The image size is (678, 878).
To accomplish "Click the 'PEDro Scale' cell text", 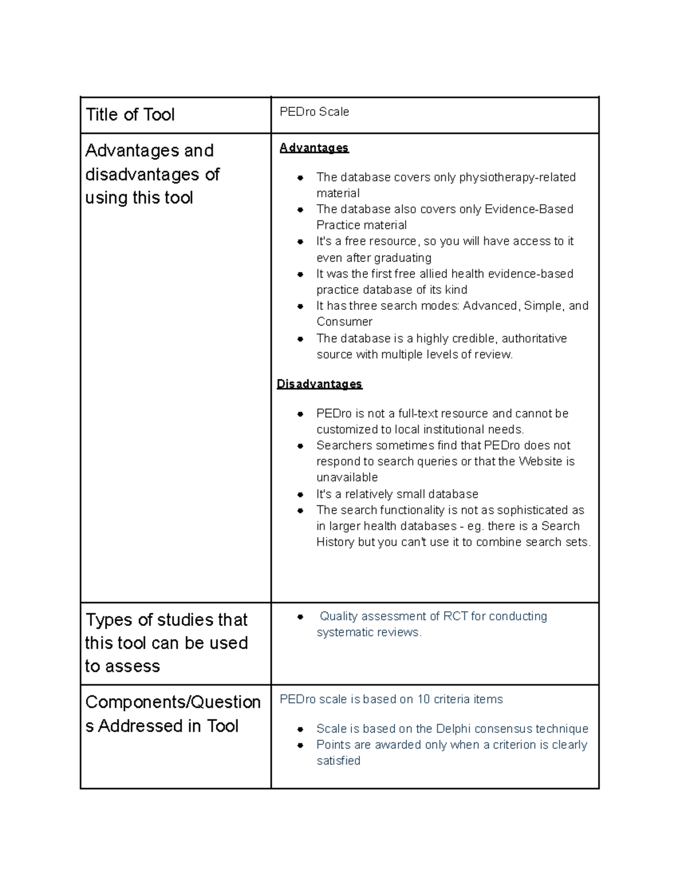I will pyautogui.click(x=314, y=112).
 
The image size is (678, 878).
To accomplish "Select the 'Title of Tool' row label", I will pyautogui.click(x=130, y=115).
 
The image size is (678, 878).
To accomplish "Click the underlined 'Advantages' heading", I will pyautogui.click(x=314, y=148).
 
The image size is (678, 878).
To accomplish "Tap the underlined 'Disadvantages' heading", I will pyautogui.click(x=319, y=384).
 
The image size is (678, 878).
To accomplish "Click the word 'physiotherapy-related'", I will pyautogui.click(x=517, y=178).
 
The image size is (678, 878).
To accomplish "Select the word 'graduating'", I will pyautogui.click(x=403, y=258).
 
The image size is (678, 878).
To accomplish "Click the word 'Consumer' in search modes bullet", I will pyautogui.click(x=344, y=322).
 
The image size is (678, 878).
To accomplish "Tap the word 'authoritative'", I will pyautogui.click(x=534, y=339).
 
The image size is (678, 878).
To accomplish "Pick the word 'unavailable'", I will pyautogui.click(x=347, y=477).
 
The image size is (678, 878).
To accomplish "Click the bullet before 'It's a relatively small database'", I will pyautogui.click(x=301, y=495).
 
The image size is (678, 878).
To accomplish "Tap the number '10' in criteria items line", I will pyautogui.click(x=424, y=699).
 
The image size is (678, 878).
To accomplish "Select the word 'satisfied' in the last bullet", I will pyautogui.click(x=338, y=761).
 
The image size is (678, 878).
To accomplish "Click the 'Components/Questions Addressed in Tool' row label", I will pyautogui.click(x=173, y=713).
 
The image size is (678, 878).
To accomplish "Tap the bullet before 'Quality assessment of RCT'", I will pyautogui.click(x=301, y=617).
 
